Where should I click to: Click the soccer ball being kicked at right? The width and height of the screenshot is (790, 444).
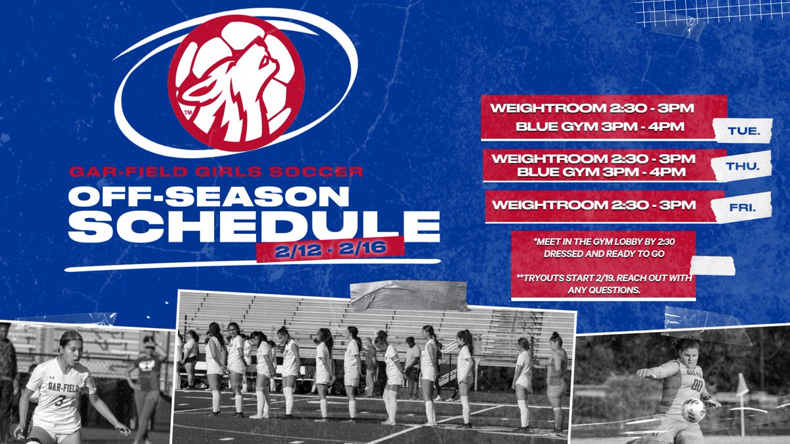click(x=693, y=410)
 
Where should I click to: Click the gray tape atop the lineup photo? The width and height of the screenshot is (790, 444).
click(x=408, y=296)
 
